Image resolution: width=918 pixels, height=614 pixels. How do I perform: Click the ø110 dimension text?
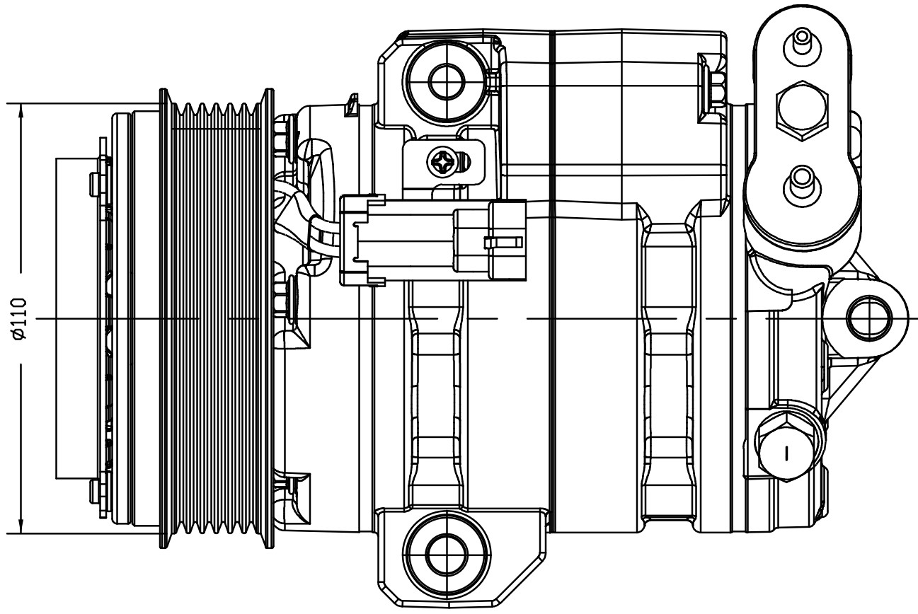(19, 319)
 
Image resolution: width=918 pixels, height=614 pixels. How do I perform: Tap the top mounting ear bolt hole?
(447, 81)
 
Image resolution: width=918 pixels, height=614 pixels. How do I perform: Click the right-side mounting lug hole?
(869, 318)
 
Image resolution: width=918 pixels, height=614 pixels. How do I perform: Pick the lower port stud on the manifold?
(802, 185)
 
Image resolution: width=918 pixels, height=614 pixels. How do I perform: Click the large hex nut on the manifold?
(802, 111)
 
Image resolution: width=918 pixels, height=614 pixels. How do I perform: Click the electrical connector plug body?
(434, 241)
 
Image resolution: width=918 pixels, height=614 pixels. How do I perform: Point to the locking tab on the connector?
(503, 243)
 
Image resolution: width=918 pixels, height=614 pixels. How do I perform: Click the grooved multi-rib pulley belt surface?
(217, 319)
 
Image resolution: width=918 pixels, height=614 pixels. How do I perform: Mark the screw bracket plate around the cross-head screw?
(444, 163)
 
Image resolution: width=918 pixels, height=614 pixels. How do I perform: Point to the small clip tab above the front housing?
(351, 105)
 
